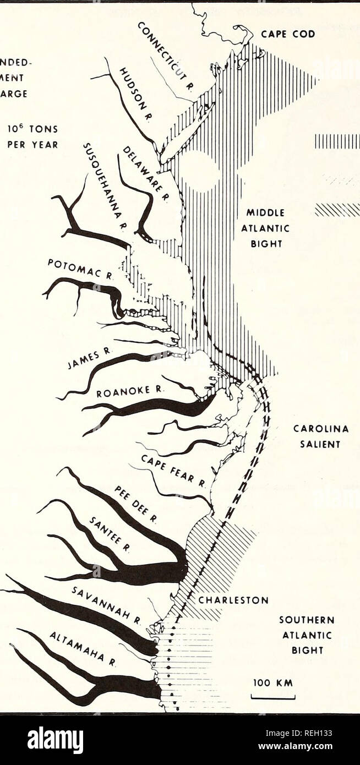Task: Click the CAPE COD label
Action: [287, 34]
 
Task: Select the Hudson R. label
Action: [137, 91]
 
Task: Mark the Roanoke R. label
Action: [124, 392]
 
